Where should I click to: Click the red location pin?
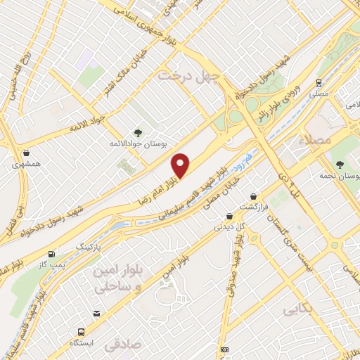(x=181, y=166)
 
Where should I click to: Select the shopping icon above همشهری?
(x=27, y=153)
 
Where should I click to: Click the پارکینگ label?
(x=89, y=248)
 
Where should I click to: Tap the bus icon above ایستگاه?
(x=82, y=330)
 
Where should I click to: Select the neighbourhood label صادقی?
(x=122, y=346)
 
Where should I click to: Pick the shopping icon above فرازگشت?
(x=253, y=197)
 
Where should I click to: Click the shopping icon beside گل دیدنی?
(x=229, y=217)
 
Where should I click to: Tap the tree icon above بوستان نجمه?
(x=340, y=164)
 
